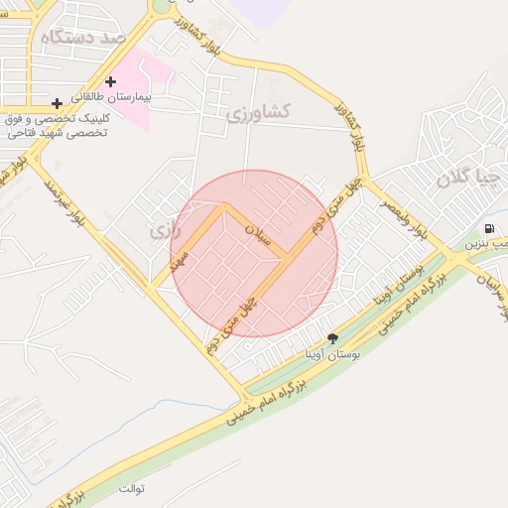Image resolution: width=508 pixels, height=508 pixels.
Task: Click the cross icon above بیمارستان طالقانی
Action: pos(110,81)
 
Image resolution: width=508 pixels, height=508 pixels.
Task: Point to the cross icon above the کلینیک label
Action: pos(57,103)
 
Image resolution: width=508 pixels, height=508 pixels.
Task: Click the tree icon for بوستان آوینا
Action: pos(332,338)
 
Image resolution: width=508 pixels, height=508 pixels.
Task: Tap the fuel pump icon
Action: pos(490,228)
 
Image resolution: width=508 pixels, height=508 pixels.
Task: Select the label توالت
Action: pos(132,489)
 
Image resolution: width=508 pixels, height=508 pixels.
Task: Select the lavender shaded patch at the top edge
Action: pos(260,10)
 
